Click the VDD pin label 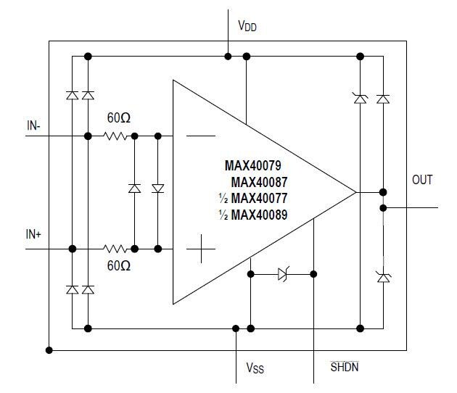[x=247, y=27]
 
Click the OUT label [x=422, y=179]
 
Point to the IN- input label [x=33, y=125]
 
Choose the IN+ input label [x=34, y=236]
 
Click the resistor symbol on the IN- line [x=116, y=136]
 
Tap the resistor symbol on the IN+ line [x=116, y=249]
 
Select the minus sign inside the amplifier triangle [x=200, y=136]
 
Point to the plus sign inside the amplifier [x=201, y=251]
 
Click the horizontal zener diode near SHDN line [x=284, y=274]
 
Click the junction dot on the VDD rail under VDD [x=228, y=56]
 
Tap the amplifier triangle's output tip [x=355, y=192]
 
